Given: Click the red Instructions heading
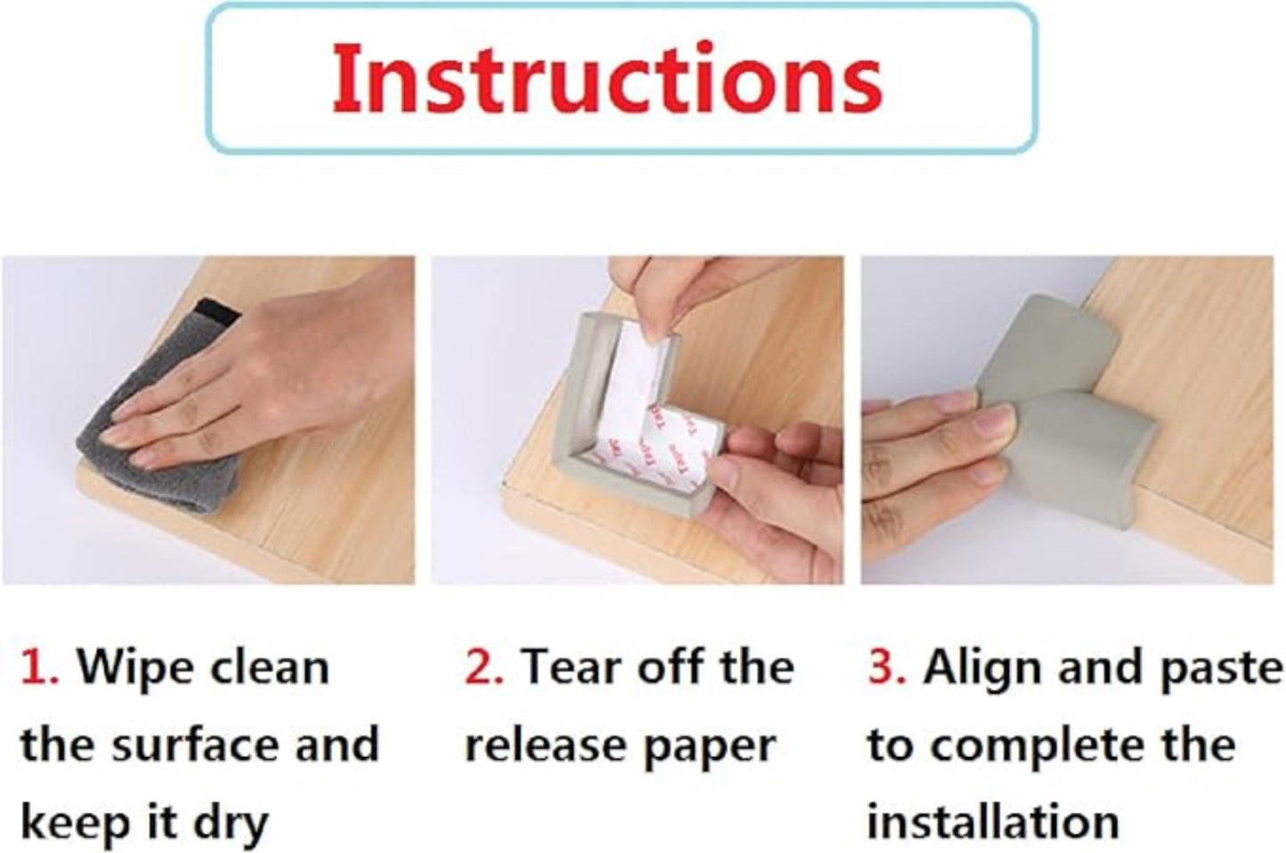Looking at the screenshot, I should coord(606,78).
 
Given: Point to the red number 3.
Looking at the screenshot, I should coord(886,667).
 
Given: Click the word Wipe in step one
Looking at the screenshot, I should coord(130,667).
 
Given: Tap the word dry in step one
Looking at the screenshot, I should coord(231,823).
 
